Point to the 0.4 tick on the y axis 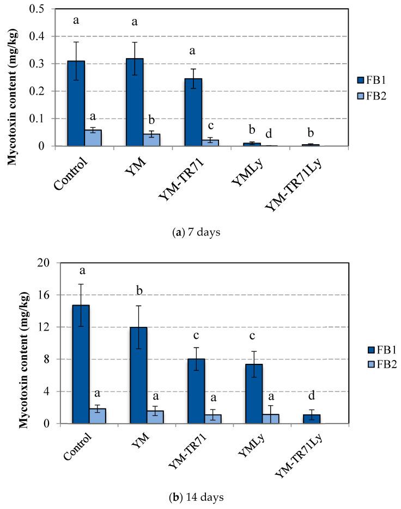click(x=45, y=36)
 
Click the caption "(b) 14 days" click(x=200, y=497)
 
